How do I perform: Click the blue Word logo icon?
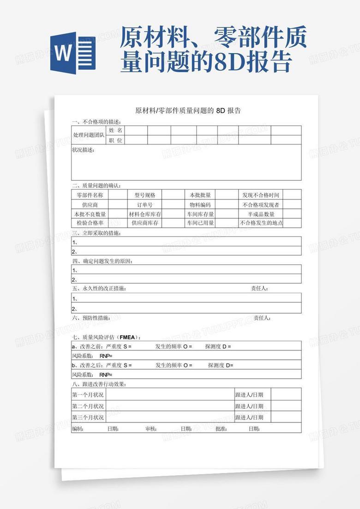[x=73, y=53]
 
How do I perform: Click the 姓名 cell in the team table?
[x=115, y=131]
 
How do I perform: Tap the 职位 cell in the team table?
[x=115, y=140]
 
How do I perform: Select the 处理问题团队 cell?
[x=89, y=135]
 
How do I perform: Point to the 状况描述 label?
[x=83, y=150]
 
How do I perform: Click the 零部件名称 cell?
[x=90, y=195]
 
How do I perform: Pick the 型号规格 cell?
[x=145, y=195]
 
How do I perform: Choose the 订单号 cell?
[x=145, y=205]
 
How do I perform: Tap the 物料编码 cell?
[x=200, y=205]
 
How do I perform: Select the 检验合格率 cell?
[x=90, y=223]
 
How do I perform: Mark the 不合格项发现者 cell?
[x=261, y=205]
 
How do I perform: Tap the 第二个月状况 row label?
[x=88, y=406]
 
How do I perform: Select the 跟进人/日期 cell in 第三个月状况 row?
[x=249, y=418]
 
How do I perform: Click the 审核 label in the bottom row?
[x=151, y=429]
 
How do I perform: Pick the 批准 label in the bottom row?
[x=221, y=429]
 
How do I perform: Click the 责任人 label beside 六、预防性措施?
[x=262, y=318]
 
